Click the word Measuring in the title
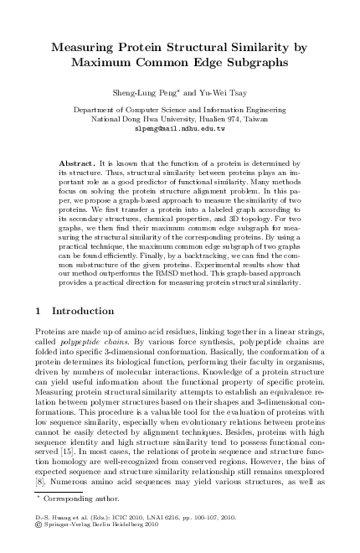[x=90, y=49]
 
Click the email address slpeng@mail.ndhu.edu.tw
[x=180, y=130]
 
